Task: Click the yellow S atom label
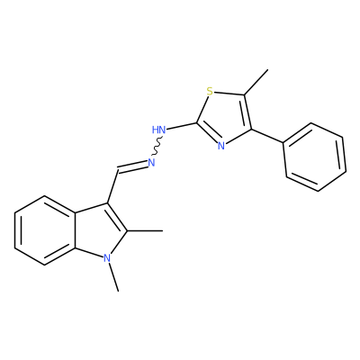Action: coord(210,91)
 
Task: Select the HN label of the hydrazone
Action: coord(158,130)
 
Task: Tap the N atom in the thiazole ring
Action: coord(221,146)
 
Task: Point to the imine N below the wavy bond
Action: coord(151,163)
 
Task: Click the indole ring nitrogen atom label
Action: coord(107,257)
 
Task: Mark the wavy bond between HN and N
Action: coord(157,147)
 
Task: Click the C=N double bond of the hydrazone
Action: coord(132,167)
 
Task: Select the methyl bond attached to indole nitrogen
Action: coord(113,277)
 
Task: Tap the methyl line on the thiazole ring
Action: coord(256,82)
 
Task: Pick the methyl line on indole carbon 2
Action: coord(145,230)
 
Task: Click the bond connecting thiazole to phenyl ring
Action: coord(267,136)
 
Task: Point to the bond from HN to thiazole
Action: coord(182,126)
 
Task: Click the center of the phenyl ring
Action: coord(315,157)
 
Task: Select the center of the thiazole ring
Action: coord(225,119)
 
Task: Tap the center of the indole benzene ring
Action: coord(45,230)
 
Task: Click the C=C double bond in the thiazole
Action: coord(247,112)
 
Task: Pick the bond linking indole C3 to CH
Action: coord(112,187)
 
